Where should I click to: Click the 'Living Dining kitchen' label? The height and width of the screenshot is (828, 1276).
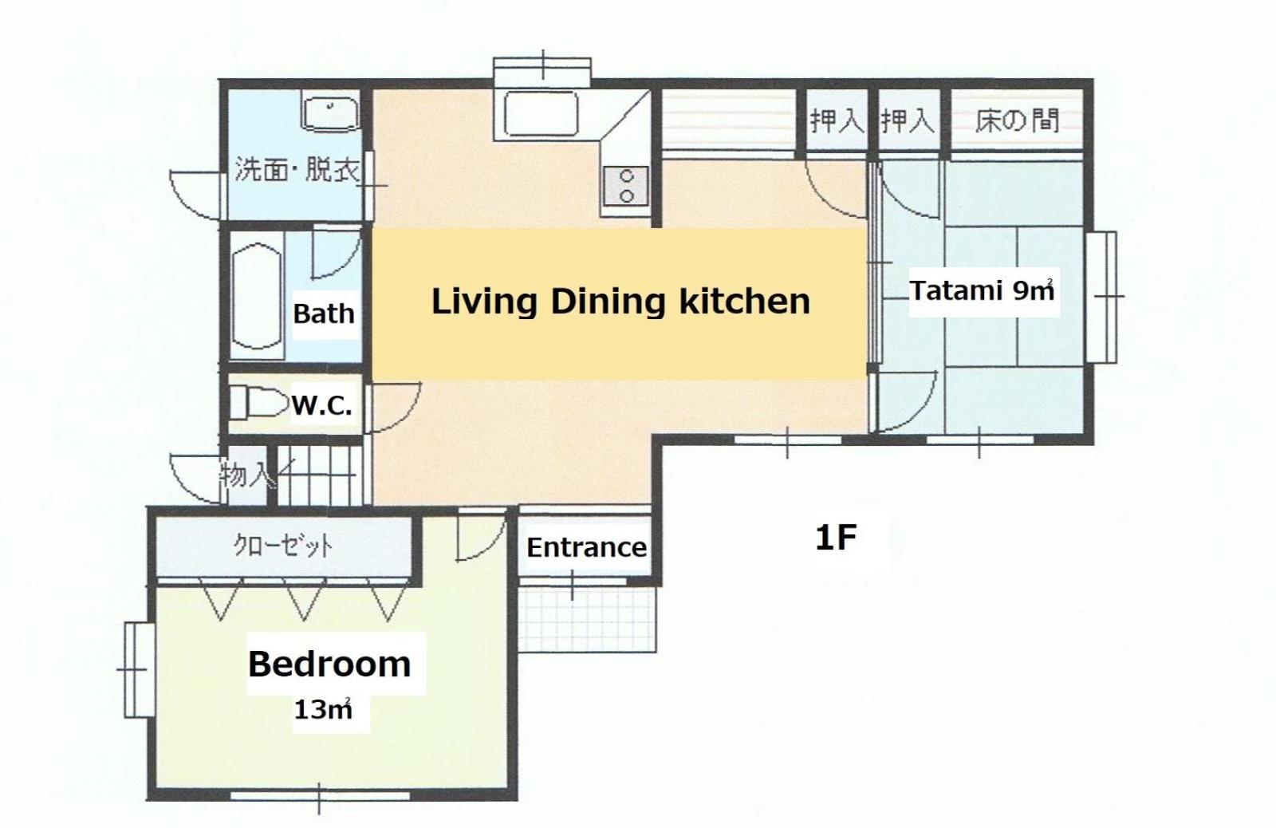click(x=620, y=302)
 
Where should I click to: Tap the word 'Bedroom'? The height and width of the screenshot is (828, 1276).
click(x=329, y=664)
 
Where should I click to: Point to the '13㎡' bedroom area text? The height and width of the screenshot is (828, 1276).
click(x=322, y=709)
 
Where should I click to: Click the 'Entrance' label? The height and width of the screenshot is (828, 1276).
click(x=586, y=548)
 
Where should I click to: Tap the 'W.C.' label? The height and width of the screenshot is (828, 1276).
click(x=321, y=406)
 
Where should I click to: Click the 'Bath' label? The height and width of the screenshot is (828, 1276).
click(x=324, y=313)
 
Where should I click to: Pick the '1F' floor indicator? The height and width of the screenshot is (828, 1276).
click(x=836, y=538)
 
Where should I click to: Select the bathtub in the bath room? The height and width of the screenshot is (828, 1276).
click(x=258, y=296)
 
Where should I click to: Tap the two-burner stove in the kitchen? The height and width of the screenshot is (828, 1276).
click(x=627, y=186)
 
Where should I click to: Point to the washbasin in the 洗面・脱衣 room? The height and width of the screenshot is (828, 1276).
click(x=331, y=115)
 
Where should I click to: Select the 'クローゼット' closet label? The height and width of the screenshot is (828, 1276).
click(x=283, y=546)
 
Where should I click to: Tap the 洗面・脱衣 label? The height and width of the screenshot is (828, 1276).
click(x=297, y=170)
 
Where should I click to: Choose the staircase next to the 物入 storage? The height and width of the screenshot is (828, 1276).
click(x=319, y=475)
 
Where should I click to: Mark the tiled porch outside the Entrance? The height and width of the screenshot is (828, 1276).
click(x=587, y=620)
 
